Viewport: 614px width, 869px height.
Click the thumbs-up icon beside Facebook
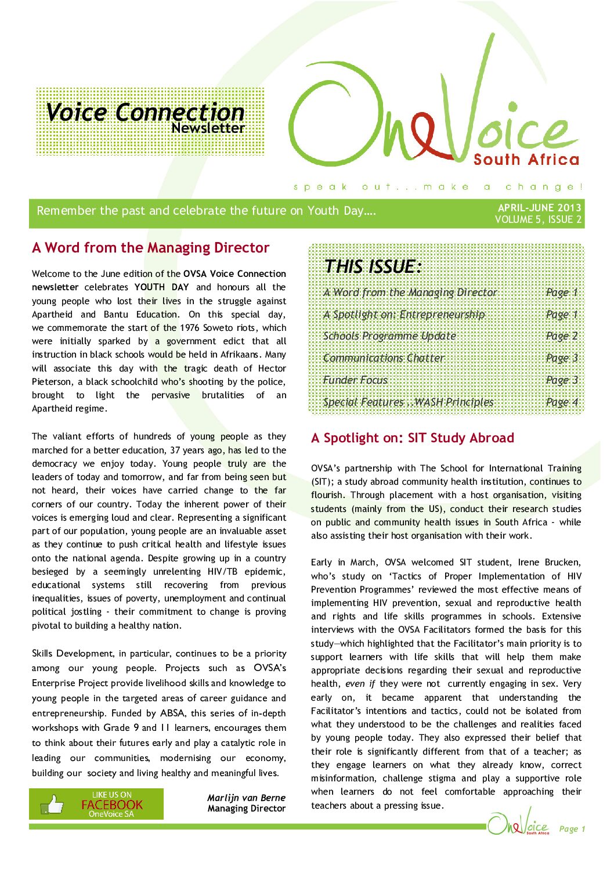(53, 804)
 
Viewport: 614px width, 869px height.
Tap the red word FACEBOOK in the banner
(112, 805)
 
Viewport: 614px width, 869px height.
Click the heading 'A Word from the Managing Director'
(150, 248)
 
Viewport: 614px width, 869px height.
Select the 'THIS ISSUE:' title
(373, 266)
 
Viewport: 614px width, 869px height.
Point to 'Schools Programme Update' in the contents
(389, 336)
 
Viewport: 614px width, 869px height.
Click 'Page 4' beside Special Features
(562, 402)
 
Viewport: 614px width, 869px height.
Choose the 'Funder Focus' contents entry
(355, 380)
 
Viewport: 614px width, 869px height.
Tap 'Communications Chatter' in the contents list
(384, 358)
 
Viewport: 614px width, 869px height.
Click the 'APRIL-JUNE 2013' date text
(539, 208)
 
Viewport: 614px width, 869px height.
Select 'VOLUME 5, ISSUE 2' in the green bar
(538, 219)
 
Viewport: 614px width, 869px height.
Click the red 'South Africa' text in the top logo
(526, 160)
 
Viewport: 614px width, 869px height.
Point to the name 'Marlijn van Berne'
(246, 798)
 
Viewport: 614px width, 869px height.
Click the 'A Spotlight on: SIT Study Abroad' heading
(413, 438)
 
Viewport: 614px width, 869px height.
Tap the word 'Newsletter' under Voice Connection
(208, 128)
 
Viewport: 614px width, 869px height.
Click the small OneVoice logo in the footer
(518, 824)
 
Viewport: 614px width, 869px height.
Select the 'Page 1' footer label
(572, 829)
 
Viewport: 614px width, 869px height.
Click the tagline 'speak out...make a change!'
(438, 187)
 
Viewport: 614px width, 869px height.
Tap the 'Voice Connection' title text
(145, 112)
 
